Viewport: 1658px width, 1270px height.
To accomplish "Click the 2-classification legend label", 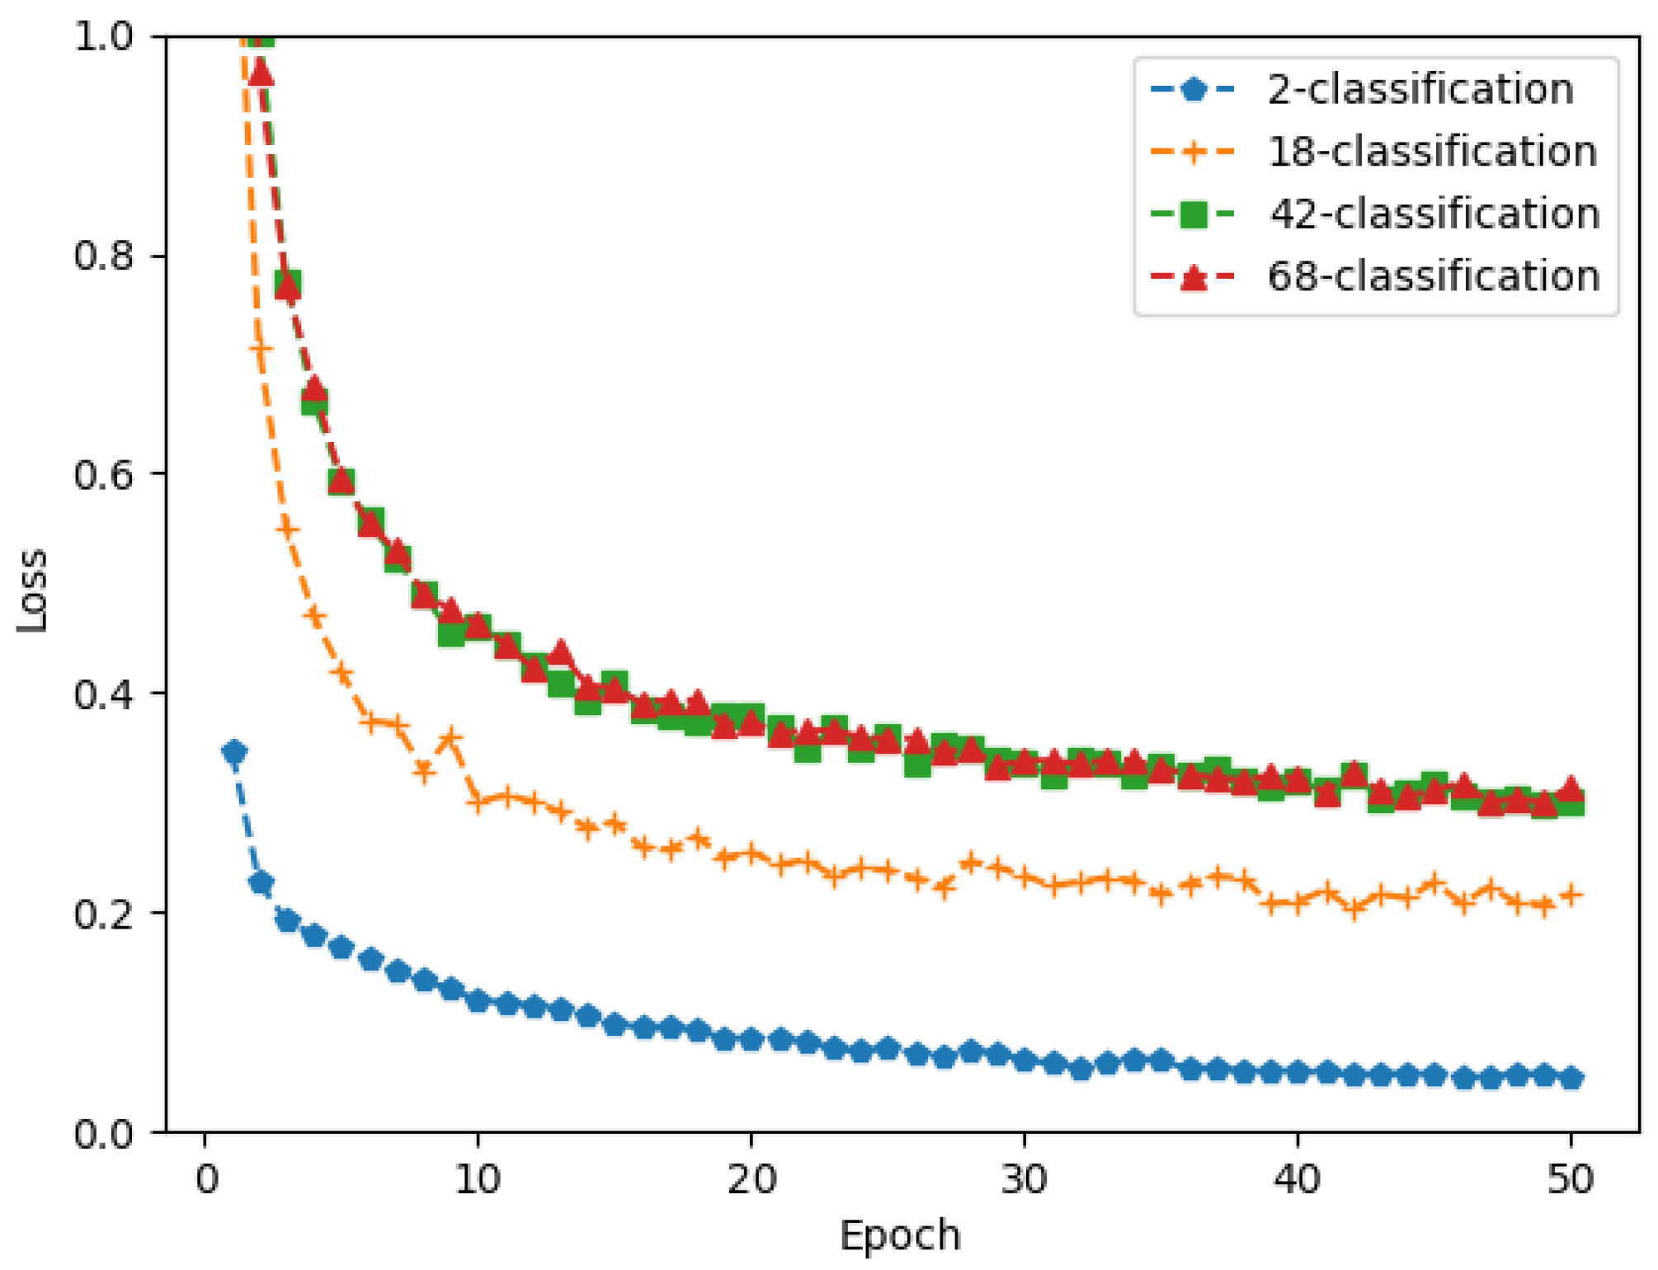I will click(x=1420, y=89).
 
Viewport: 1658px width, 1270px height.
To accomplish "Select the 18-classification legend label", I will click(x=1432, y=152).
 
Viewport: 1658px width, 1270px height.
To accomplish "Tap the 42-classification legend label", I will click(x=1434, y=214).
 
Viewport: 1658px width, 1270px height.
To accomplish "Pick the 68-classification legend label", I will click(x=1434, y=275).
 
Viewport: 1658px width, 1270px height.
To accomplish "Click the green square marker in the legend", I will click(x=1193, y=214).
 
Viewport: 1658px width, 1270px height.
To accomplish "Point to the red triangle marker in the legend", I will click(x=1193, y=277).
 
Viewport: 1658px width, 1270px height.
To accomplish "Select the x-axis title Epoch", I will click(x=900, y=1235).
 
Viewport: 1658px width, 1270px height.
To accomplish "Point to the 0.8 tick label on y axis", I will click(x=103, y=256).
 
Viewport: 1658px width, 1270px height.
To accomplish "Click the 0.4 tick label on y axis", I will click(x=103, y=694).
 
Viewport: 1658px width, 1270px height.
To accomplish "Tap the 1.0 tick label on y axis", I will click(x=103, y=36).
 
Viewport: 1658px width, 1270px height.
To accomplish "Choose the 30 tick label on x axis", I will click(x=1024, y=1179).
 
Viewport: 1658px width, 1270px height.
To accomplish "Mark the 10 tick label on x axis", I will click(x=478, y=1179).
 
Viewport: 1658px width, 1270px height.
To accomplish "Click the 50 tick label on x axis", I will click(x=1570, y=1179).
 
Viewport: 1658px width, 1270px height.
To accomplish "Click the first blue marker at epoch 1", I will click(x=234, y=752).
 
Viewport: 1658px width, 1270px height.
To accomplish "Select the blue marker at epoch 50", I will click(x=1571, y=1079).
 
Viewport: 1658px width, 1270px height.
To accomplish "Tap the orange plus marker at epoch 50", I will click(x=1571, y=895).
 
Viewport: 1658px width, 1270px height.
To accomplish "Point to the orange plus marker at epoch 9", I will click(x=451, y=739).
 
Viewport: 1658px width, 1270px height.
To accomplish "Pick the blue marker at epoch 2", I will click(x=261, y=883).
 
